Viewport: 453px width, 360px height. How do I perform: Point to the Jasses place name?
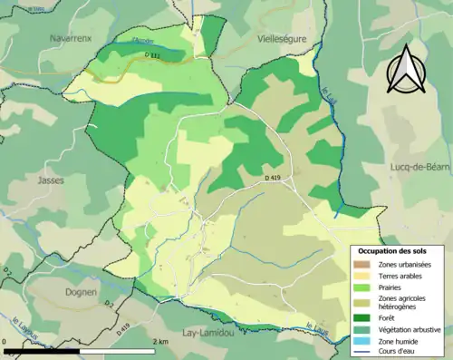pos(51,180)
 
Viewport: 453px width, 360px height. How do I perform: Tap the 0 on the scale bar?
pos(6,340)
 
